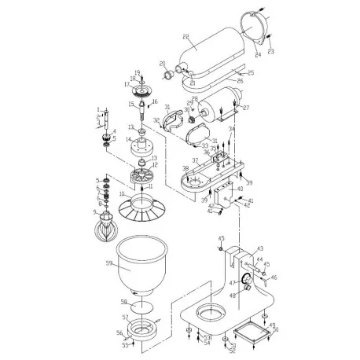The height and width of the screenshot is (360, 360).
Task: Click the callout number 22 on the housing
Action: coord(186,37)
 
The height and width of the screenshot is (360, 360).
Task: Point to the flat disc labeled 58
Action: coord(141,307)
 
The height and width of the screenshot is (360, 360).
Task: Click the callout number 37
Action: coord(194,160)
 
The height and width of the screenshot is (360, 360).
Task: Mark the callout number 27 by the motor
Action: coord(245,108)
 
